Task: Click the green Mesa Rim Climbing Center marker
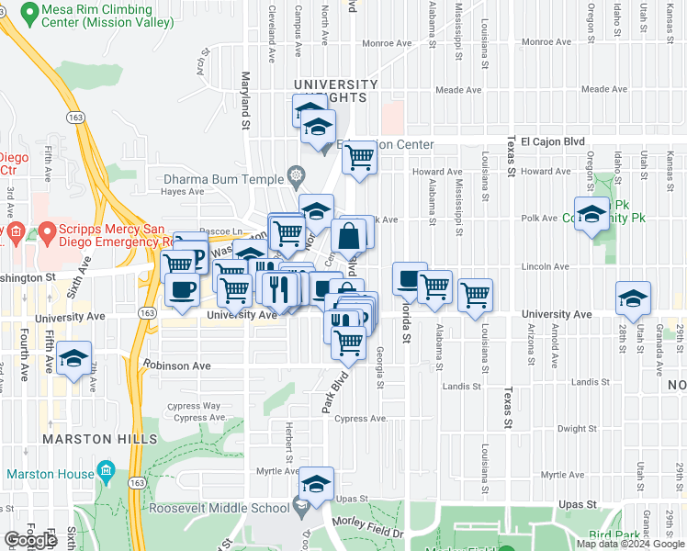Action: [x=28, y=14]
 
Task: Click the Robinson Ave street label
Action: [x=176, y=365]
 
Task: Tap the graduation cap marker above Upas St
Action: [x=316, y=484]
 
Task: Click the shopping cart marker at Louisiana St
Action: [x=475, y=296]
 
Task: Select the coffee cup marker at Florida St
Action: [x=410, y=278]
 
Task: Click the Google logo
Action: [x=30, y=540]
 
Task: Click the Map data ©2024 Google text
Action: [x=631, y=544]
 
